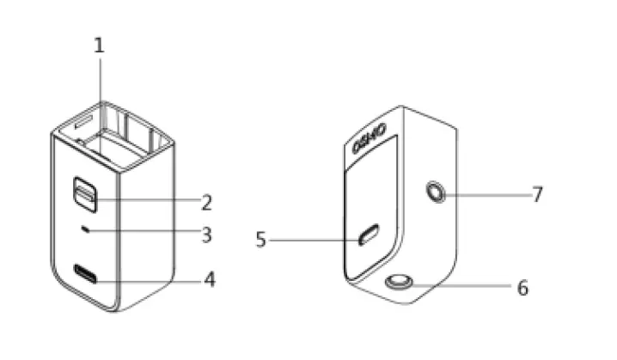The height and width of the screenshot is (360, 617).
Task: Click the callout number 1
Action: click(x=99, y=45)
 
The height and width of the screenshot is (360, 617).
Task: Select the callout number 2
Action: click(x=206, y=203)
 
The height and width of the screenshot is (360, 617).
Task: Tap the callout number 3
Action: click(x=206, y=234)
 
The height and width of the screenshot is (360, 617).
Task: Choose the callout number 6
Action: click(x=522, y=287)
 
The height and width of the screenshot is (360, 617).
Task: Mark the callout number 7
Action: click(x=537, y=194)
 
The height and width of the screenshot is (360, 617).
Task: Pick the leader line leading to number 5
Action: click(x=314, y=240)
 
